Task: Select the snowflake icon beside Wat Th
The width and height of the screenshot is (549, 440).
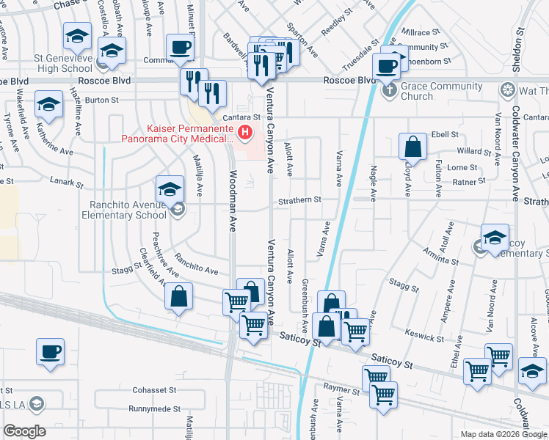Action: (506, 91)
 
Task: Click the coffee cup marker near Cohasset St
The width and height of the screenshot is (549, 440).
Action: (50, 351)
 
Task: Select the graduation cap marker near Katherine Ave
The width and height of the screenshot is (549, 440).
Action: (48, 105)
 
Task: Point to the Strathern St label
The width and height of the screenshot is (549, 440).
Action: (299, 199)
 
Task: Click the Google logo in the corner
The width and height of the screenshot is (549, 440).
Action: (24, 431)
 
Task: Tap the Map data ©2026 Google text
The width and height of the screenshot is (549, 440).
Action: (503, 434)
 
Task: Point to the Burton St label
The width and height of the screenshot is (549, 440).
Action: (102, 100)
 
